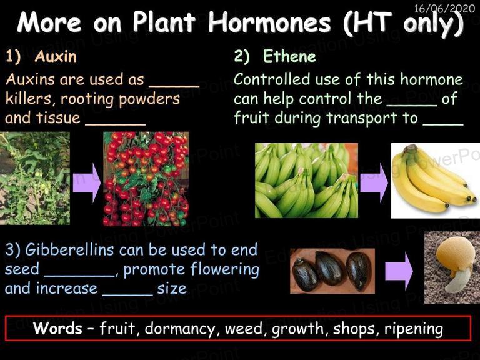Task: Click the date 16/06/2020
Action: point(444,8)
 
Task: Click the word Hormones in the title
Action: point(270,22)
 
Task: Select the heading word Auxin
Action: point(56,56)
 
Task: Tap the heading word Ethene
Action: point(289,56)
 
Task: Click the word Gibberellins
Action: point(69,250)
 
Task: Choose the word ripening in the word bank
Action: point(414,329)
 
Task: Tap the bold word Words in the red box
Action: point(57,328)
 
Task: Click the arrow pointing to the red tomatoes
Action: point(87,182)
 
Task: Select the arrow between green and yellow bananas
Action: point(374,182)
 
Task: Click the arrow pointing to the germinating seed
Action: point(399,271)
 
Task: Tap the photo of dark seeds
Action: point(332,271)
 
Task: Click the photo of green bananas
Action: point(306,181)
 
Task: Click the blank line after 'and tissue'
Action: point(116,124)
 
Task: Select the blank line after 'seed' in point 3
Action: point(79,276)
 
